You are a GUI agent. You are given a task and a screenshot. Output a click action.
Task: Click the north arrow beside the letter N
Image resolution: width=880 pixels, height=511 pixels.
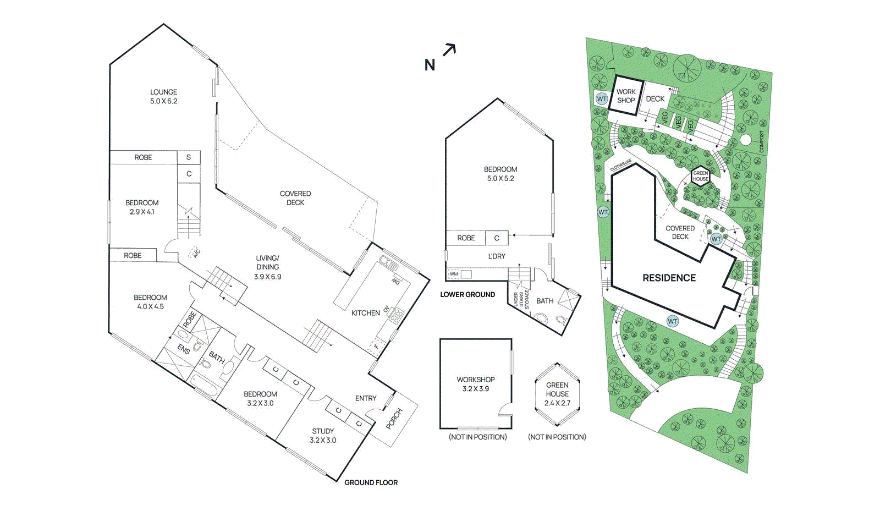coord(449,50)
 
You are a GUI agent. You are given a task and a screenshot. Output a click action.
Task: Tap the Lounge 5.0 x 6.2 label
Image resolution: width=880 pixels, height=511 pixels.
coord(164,96)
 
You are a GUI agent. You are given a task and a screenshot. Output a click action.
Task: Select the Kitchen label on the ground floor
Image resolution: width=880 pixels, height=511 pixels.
coord(366,313)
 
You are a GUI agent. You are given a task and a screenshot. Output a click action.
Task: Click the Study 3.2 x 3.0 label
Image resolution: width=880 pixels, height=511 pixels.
coord(323,436)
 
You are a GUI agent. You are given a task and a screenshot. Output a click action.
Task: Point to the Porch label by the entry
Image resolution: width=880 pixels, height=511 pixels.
coord(394,419)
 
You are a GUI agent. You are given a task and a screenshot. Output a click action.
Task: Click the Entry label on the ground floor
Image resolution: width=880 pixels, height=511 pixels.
coord(366,398)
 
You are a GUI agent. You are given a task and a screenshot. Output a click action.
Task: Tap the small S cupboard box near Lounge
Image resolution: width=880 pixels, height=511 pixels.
coord(189,157)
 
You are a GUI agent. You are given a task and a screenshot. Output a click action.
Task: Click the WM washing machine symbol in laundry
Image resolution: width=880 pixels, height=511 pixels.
coord(454,274)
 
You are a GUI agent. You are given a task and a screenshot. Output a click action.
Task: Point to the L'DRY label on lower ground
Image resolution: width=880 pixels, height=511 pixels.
coord(497,256)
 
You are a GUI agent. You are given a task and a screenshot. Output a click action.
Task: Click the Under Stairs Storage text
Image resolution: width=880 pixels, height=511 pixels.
coord(521,300)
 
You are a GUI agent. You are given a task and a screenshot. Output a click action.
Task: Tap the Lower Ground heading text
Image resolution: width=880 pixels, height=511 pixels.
coord(468,295)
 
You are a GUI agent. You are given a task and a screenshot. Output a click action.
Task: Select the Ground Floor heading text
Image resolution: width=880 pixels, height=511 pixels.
coord(371,482)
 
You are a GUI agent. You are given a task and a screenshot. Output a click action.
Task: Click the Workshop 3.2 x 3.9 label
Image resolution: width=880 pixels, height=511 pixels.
coord(476,384)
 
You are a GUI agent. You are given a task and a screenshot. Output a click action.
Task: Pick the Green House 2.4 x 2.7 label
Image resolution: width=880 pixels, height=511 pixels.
coord(557,394)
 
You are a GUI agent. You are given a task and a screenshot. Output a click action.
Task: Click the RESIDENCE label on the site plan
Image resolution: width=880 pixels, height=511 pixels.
coord(669,278)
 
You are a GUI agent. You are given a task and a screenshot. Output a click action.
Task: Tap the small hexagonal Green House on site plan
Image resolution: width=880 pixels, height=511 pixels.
coord(701,176)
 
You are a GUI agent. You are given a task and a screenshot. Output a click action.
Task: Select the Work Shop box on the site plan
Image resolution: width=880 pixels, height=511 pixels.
coord(626,96)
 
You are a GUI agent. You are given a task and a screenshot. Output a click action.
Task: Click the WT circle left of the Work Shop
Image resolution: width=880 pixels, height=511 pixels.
coord(602,99)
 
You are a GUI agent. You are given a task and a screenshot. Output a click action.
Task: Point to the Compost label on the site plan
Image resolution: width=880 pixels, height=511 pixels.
coord(762,141)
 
